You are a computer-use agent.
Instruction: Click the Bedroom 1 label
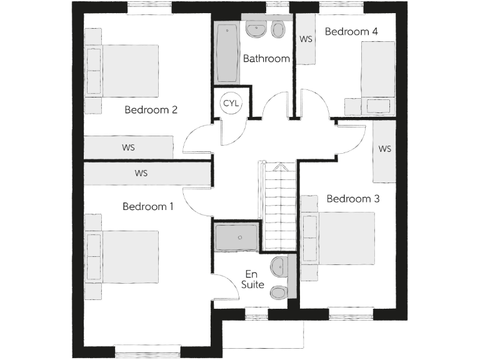pyautogui.click(x=147, y=206)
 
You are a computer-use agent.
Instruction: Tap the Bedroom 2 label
pyautogui.click(x=151, y=110)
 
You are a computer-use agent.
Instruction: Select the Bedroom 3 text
pyautogui.click(x=353, y=199)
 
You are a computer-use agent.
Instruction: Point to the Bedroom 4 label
pyautogui.click(x=351, y=31)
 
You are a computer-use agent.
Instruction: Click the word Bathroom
pyautogui.click(x=266, y=59)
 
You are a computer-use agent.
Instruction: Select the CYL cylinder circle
pyautogui.click(x=231, y=103)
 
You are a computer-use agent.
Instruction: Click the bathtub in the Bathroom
pyautogui.click(x=226, y=53)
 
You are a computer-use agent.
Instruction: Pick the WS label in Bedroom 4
pyautogui.click(x=306, y=39)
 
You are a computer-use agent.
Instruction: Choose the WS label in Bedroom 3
pyautogui.click(x=384, y=149)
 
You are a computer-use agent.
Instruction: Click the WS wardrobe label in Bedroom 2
pyautogui.click(x=128, y=148)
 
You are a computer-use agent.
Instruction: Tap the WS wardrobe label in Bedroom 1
pyautogui.click(x=141, y=173)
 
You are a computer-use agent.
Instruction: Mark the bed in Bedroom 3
pyautogui.click(x=339, y=238)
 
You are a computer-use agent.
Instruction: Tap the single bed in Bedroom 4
pyautogui.click(x=377, y=77)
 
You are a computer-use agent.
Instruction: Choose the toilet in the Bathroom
pyautogui.click(x=278, y=29)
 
